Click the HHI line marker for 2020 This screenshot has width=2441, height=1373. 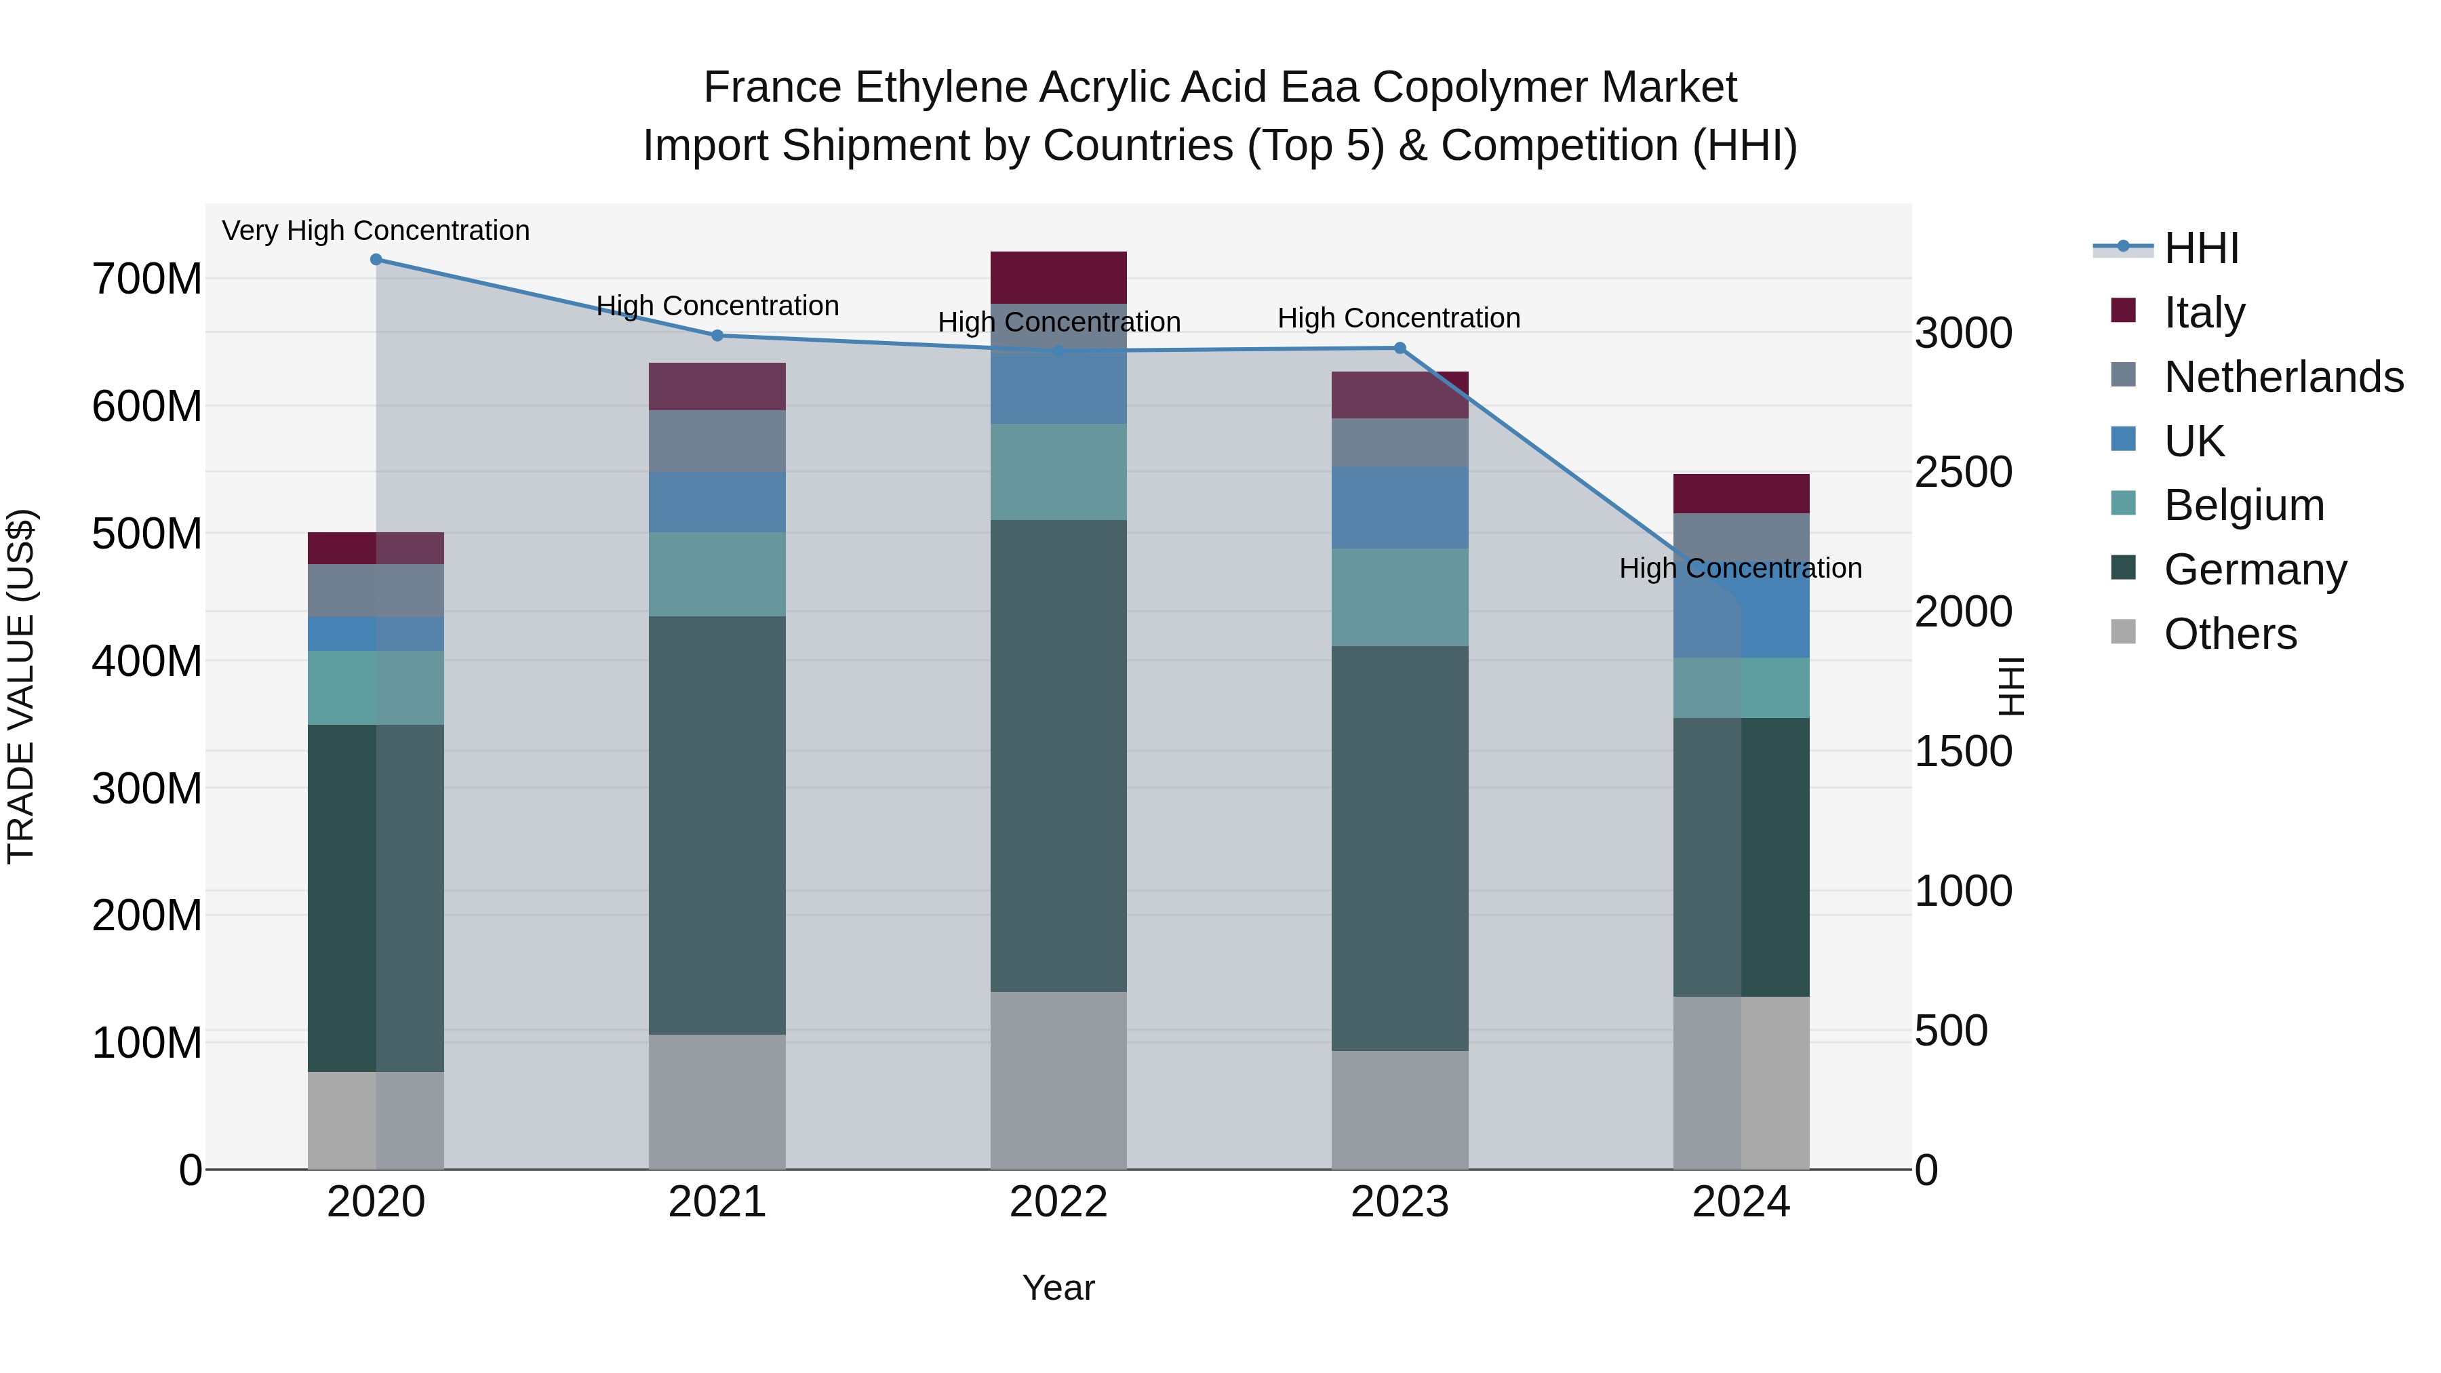tap(376, 260)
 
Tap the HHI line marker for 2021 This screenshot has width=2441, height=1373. tap(717, 336)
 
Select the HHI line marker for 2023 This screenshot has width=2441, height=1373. tap(1400, 349)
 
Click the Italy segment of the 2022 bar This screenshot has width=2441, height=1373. tap(1058, 277)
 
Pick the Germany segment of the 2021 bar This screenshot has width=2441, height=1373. tap(717, 824)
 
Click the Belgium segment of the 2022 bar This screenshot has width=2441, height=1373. tap(1058, 472)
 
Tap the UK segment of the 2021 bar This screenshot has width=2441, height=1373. tap(717, 502)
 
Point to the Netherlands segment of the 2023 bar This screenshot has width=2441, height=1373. tap(1400, 443)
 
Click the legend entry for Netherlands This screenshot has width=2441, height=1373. tap(2283, 377)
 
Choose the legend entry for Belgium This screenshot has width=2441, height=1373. tap(2243, 505)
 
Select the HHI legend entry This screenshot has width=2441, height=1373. tap(2200, 248)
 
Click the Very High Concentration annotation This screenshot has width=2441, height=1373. tap(376, 231)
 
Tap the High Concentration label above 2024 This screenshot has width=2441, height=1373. tap(1740, 569)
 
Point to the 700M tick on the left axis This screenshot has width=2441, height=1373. tap(147, 279)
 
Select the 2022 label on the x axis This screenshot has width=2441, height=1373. tap(1058, 1202)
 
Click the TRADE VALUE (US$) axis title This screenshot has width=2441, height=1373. tap(21, 686)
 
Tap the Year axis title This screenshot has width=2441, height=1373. tap(1058, 1288)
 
